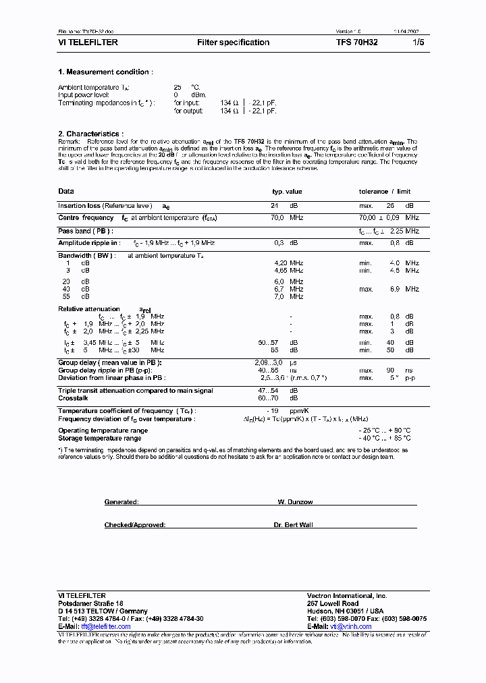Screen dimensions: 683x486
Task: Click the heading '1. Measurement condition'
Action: coord(105,72)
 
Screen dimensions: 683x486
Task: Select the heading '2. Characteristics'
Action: coord(90,134)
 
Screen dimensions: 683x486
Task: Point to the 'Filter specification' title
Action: coord(233,43)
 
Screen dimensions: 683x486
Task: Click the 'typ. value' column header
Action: coord(287,192)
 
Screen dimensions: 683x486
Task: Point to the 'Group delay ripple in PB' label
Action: coord(105,371)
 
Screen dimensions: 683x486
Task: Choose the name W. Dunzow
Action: coord(294,502)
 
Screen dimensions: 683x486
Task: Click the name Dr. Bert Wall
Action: coord(294,524)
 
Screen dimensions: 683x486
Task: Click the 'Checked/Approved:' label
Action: coord(135,524)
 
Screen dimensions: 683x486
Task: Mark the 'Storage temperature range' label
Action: coord(99,438)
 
